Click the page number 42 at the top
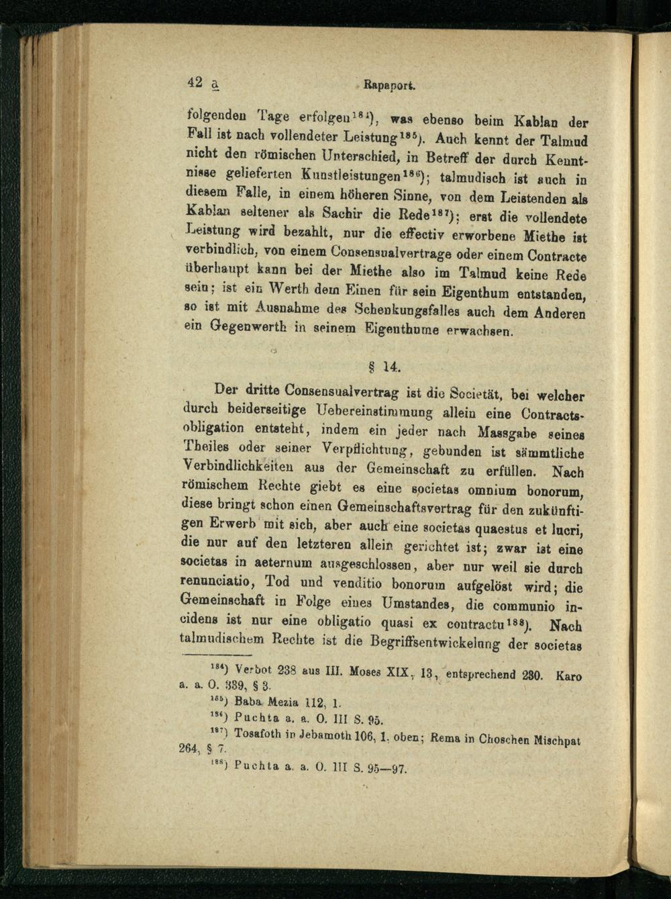pyautogui.click(x=195, y=83)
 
